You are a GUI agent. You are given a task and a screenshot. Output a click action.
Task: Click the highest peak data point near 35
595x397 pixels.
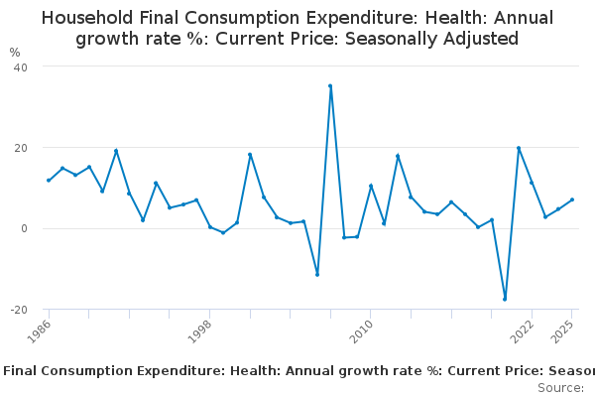click(330, 85)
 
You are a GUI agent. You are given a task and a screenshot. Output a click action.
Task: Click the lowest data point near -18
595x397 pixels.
click(505, 299)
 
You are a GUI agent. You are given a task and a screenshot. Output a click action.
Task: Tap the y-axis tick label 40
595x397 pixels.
click(19, 66)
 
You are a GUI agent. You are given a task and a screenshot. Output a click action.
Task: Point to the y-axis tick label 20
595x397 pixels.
click(19, 148)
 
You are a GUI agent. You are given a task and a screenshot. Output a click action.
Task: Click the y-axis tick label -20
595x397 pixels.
click(17, 310)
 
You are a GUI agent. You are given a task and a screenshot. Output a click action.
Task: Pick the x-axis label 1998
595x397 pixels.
click(200, 331)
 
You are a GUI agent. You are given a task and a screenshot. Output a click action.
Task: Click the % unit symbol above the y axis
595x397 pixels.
click(14, 52)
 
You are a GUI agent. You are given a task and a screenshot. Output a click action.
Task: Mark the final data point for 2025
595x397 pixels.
click(572, 199)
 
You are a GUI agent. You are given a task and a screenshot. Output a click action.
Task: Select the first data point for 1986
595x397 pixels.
click(48, 180)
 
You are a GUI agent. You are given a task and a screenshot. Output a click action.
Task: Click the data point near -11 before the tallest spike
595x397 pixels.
click(317, 274)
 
